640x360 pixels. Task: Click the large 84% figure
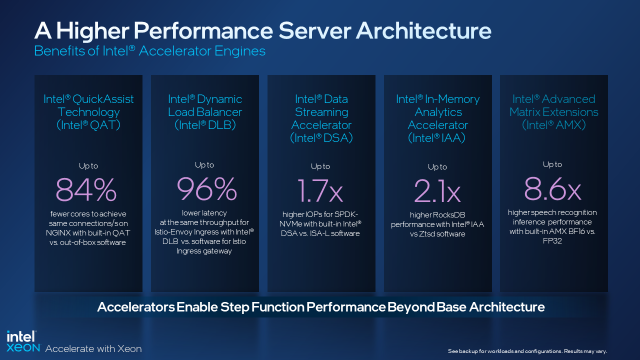86,189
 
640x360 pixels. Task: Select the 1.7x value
321,190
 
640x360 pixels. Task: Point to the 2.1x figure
437,190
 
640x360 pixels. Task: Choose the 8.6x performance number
552,188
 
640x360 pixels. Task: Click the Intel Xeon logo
23,342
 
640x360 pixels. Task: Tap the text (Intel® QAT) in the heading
88,125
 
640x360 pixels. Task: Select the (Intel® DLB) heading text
205,125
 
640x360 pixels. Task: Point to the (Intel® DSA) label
321,138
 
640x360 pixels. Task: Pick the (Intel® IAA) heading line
437,138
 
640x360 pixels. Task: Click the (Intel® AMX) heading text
553,125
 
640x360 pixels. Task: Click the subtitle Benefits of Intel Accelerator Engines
149,51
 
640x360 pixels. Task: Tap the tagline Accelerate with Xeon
93,348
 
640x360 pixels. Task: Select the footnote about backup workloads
527,351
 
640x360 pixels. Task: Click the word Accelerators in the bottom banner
135,306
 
